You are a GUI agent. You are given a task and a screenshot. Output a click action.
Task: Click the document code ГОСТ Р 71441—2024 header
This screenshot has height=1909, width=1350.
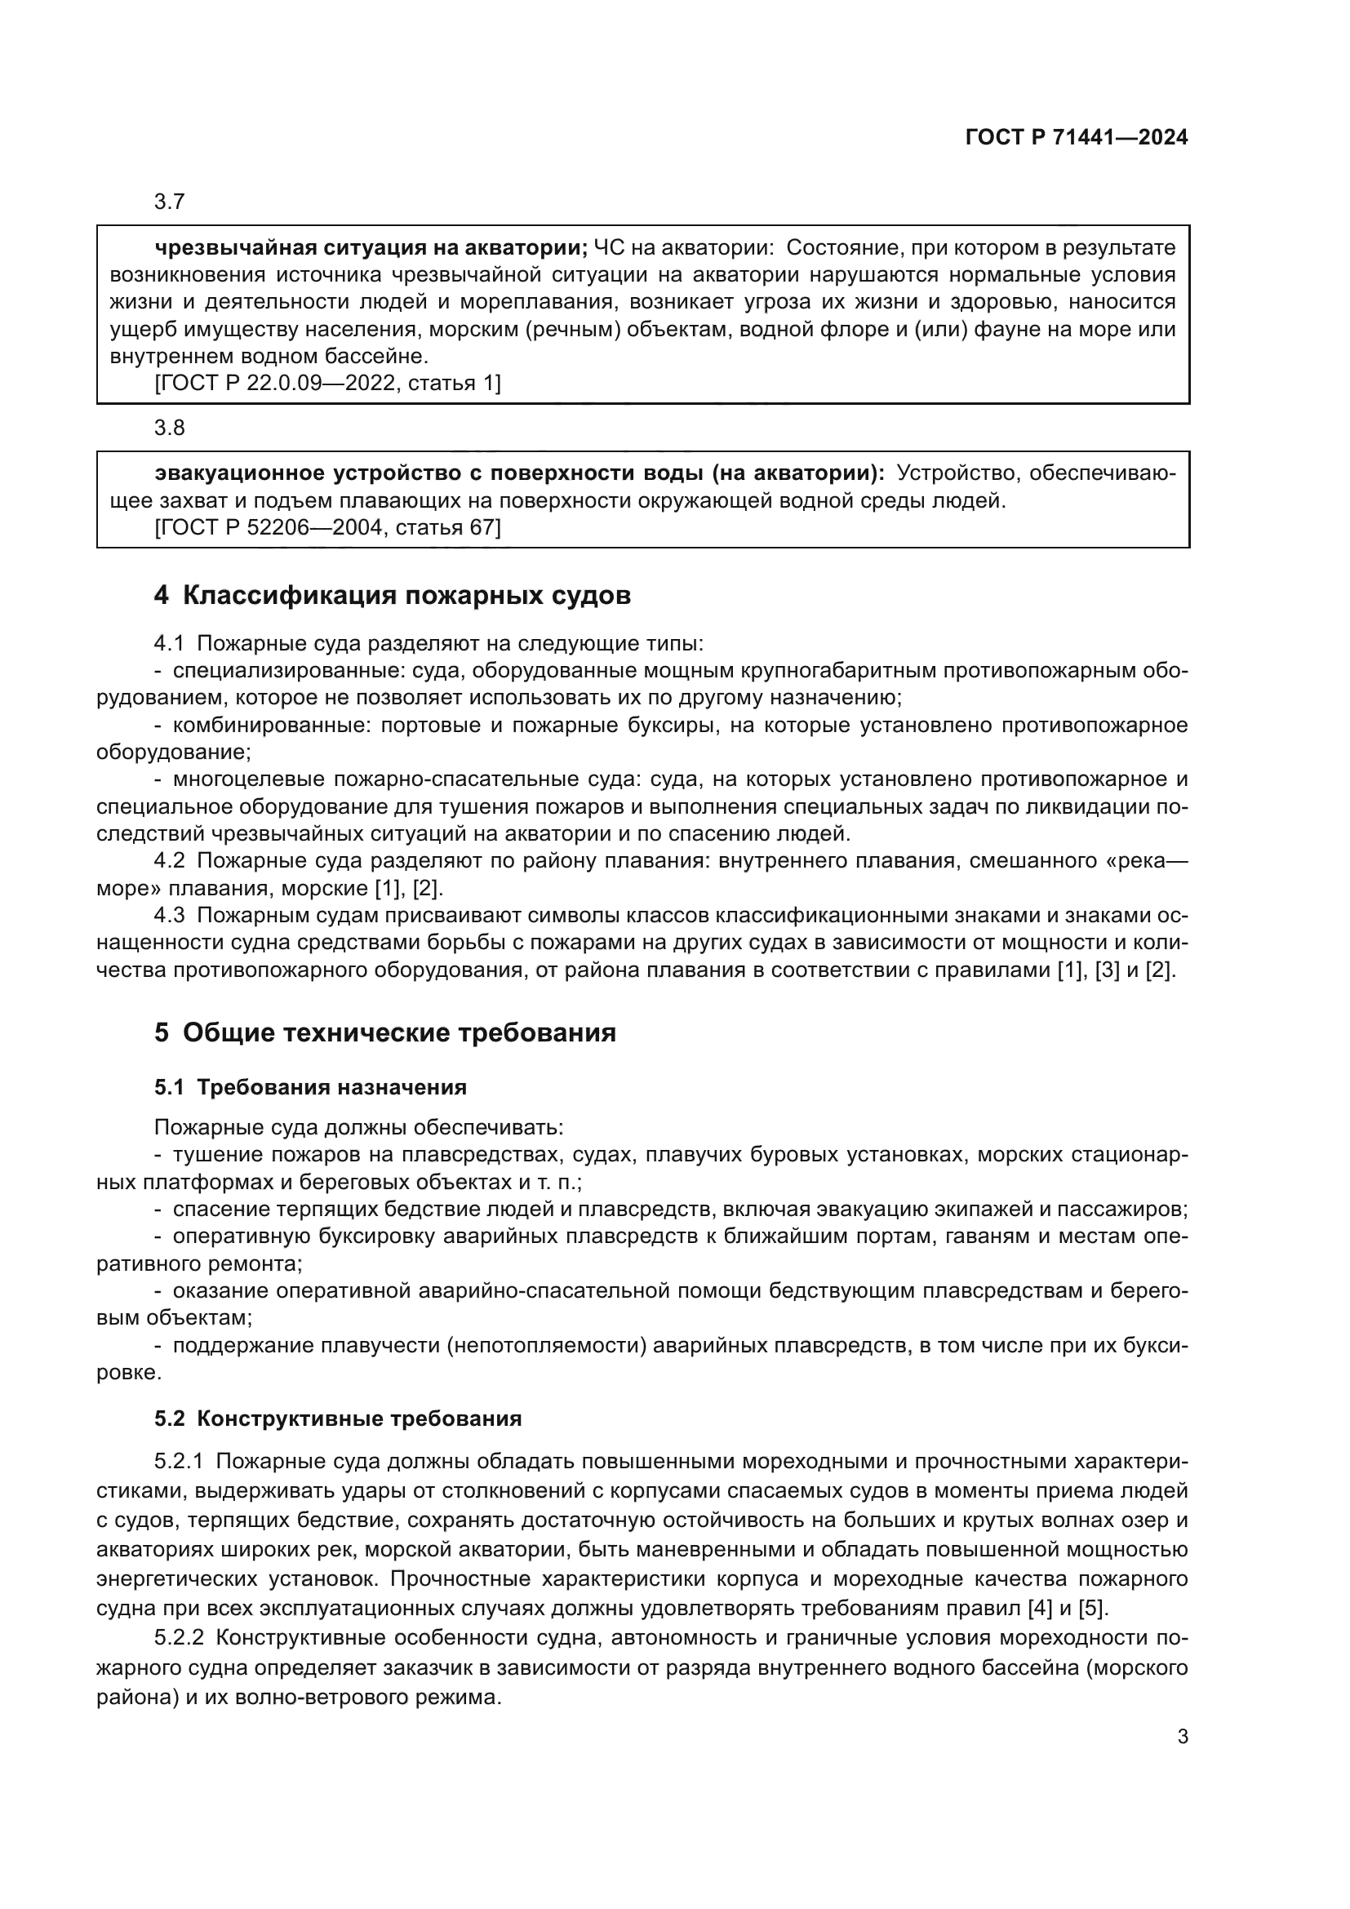coord(1077,138)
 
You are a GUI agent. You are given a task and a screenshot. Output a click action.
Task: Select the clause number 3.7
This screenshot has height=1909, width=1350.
coord(170,202)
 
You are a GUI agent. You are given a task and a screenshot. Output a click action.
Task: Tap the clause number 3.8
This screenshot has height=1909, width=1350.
coord(170,428)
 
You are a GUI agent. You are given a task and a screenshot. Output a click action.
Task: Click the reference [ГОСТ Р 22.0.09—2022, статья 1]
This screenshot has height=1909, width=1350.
coord(327,384)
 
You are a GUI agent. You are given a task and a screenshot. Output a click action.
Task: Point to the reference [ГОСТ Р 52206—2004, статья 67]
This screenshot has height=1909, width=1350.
coord(327,527)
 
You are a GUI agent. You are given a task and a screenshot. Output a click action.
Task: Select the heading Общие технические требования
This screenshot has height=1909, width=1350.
coord(399,1032)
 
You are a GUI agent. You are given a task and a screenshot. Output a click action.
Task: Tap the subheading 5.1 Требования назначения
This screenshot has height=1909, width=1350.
coord(310,1087)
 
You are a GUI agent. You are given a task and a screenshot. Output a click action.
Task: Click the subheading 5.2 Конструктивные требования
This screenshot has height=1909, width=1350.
coord(338,1418)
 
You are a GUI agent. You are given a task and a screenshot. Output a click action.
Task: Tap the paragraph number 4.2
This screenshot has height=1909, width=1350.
coord(170,860)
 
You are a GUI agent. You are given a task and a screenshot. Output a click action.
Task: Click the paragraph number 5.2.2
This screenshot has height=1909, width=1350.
coord(179,1638)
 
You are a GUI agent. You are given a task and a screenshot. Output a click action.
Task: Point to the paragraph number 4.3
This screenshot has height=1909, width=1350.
coord(170,916)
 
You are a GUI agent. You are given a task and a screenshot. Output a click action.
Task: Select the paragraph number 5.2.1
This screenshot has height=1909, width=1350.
coord(179,1462)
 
